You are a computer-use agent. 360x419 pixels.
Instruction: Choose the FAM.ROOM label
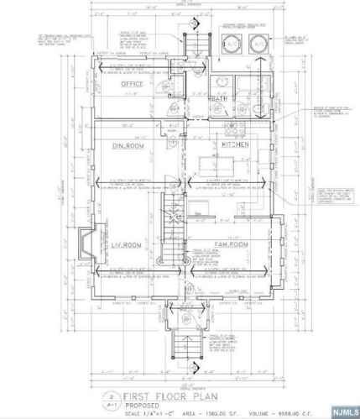[229, 243]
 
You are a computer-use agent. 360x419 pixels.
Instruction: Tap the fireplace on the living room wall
[83, 244]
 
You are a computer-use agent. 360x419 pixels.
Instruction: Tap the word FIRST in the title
[138, 393]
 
